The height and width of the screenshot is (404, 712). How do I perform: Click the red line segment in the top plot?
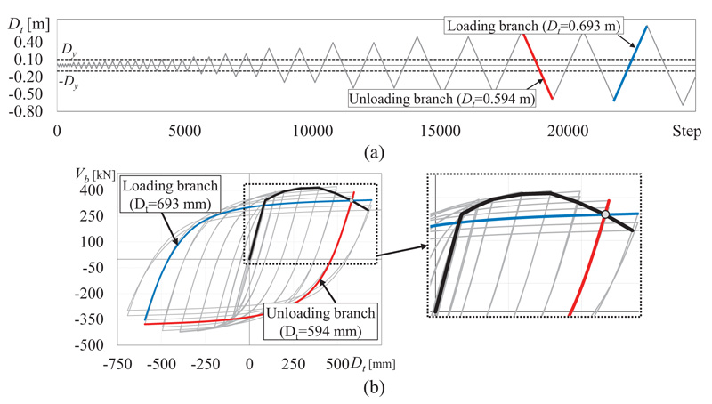538,67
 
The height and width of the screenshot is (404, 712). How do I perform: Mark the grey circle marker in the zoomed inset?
605,215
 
